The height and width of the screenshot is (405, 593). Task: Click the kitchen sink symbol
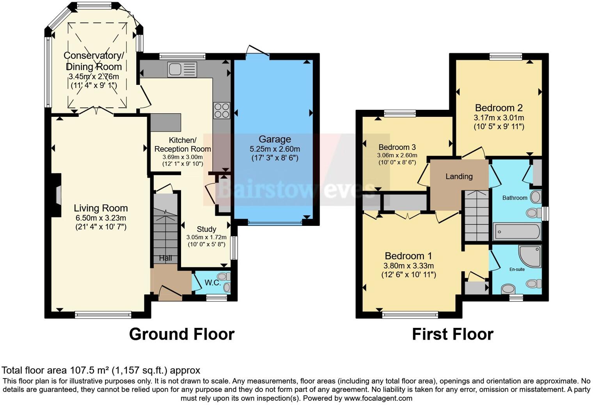(x=182, y=70)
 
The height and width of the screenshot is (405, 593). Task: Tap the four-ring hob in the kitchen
(x=221, y=110)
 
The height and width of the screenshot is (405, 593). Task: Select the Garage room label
(x=275, y=139)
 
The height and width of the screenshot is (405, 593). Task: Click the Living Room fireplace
(x=58, y=195)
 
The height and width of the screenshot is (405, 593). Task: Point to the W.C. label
(x=213, y=283)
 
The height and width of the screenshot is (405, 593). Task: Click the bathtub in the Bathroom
(x=517, y=232)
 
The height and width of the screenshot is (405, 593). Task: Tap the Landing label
(x=459, y=176)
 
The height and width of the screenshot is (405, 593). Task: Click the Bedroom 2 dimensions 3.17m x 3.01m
(x=499, y=118)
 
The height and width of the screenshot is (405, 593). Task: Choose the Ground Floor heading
(x=181, y=334)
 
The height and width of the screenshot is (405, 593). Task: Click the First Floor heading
(x=453, y=334)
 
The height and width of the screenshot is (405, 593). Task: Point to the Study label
(x=206, y=229)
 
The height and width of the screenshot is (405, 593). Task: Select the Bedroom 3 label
(x=397, y=147)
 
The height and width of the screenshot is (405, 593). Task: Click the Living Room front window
(x=103, y=315)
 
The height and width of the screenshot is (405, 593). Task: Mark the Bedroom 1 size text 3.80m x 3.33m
(x=408, y=266)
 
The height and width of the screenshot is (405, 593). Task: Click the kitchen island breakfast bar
(x=166, y=122)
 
